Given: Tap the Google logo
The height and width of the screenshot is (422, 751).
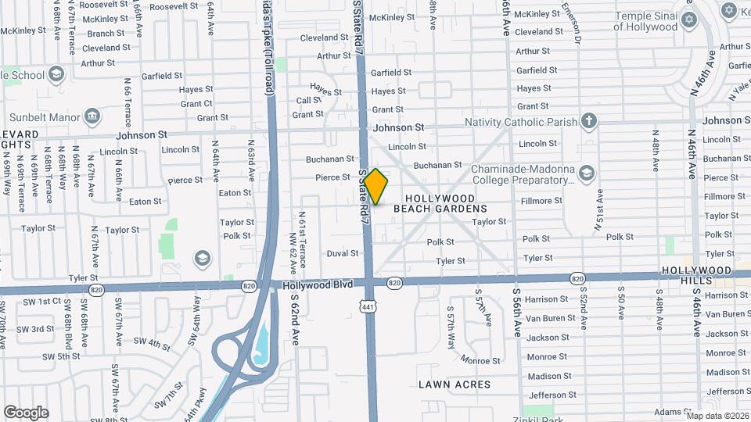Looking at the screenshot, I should (26, 413).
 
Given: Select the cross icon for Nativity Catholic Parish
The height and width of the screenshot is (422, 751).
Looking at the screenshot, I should (589, 121).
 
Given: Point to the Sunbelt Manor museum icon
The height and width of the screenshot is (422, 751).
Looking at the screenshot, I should (92, 117).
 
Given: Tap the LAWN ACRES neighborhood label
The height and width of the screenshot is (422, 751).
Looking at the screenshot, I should (454, 384).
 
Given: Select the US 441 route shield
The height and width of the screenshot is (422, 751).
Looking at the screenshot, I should (368, 306).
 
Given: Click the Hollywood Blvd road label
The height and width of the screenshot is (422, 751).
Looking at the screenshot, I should (317, 287).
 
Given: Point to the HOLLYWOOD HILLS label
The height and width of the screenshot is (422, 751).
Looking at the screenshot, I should (695, 275).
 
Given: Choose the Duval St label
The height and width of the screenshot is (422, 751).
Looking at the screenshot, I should (342, 253).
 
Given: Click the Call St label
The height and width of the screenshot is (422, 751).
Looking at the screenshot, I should (309, 100).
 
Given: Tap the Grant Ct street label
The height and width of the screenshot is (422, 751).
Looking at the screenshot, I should (196, 103).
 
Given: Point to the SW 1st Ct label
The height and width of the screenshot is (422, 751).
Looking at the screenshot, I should (41, 301).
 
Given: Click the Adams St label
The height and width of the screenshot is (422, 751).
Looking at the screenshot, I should (670, 412).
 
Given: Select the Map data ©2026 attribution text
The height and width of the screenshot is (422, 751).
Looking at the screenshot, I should (717, 415).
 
